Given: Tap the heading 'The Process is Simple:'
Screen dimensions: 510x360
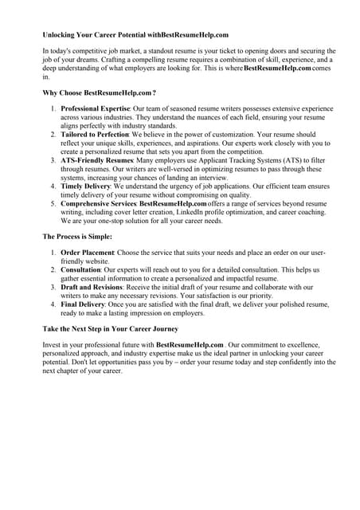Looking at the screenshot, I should (78, 237).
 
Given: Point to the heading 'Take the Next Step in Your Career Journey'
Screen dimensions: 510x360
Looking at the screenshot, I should (119, 328).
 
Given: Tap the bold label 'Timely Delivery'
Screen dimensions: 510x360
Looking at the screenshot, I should (86, 186).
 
